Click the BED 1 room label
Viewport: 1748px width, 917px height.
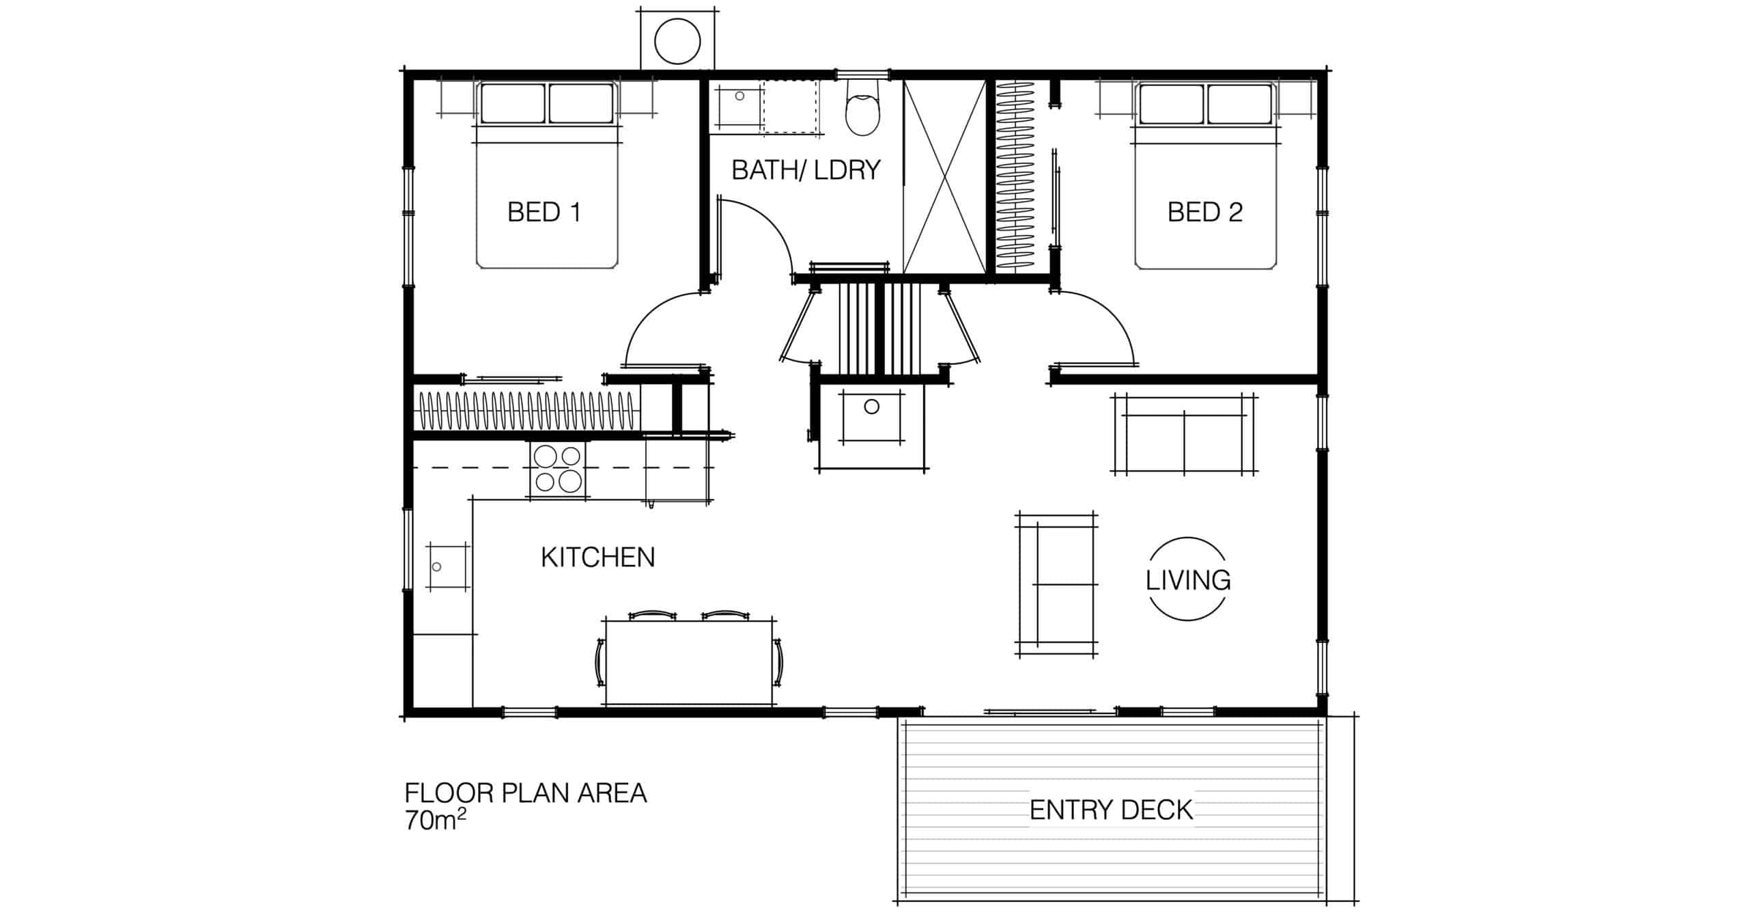click(544, 213)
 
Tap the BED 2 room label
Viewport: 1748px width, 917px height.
click(1205, 213)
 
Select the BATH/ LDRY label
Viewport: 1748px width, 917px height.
click(806, 170)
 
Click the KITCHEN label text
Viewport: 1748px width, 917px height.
click(598, 558)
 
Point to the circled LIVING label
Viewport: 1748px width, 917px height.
click(1188, 580)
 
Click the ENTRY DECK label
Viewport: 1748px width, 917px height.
click(1111, 810)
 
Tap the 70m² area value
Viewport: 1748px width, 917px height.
click(436, 819)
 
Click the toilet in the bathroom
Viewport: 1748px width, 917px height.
click(864, 115)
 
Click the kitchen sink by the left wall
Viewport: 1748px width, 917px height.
click(449, 566)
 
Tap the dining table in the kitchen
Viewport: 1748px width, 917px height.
click(689, 662)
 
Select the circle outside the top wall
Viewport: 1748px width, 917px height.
click(677, 42)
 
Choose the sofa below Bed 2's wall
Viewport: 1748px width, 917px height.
click(1185, 434)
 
